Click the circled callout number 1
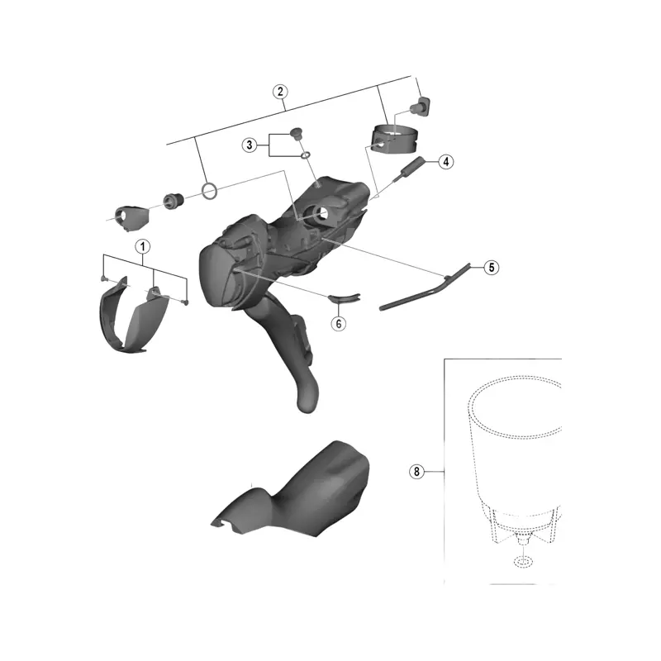coord(142,246)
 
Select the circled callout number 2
coord(280,92)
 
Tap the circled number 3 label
coord(250,145)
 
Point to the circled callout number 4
coord(446,161)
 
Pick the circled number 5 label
coord(491,267)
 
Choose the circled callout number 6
coord(338,323)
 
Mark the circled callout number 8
coord(416,471)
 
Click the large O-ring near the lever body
coord(210,190)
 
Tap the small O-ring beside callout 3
coord(306,155)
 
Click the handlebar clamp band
coord(395,139)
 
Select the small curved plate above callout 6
coord(344,298)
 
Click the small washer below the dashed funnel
coord(523,562)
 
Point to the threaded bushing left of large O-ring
coord(173,201)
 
